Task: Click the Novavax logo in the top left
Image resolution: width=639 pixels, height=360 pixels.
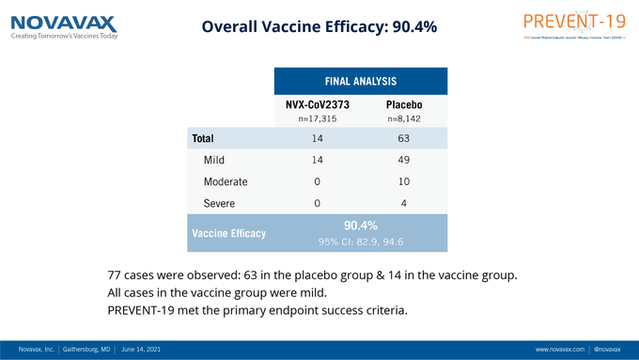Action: tap(65, 25)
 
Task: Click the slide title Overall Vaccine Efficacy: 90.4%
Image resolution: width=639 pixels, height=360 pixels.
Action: tap(319, 27)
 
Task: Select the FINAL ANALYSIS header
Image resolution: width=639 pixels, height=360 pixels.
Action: tap(361, 81)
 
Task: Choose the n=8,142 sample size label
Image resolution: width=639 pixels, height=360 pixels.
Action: tap(403, 119)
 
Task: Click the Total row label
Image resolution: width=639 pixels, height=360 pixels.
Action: tap(203, 138)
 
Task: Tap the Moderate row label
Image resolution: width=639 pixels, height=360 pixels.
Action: tap(225, 181)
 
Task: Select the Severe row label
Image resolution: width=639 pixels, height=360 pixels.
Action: tap(219, 203)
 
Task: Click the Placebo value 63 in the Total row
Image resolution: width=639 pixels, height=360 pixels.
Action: tap(403, 138)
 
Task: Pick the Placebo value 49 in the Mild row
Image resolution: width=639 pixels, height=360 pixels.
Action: tap(403, 160)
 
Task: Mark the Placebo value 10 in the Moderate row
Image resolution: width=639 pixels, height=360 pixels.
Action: tap(403, 181)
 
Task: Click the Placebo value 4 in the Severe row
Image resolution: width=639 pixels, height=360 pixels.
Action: tap(403, 203)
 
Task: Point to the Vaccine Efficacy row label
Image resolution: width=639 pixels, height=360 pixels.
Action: tap(228, 233)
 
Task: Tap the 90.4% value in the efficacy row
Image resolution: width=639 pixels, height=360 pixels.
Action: tap(361, 226)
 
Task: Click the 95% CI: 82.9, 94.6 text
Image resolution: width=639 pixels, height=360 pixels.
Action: tap(361, 242)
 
